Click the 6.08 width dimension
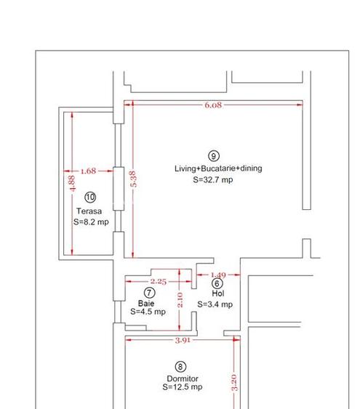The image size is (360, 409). pos(213,105)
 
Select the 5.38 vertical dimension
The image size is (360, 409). pos(132,181)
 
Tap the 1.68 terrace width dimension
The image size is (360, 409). pos(88,171)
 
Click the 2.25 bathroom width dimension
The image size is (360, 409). pos(158,281)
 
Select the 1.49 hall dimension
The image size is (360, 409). pos(218,275)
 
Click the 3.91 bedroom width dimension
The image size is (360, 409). pos(182,339)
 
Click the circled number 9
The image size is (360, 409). pos(214,155)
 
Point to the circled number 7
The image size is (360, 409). pos(151,292)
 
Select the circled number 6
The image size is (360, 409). pos(217,284)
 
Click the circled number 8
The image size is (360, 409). pos(181,367)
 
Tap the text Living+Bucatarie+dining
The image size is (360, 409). pos(217,169)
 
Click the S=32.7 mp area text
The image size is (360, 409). pos(213,179)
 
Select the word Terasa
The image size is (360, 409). pos(89,211)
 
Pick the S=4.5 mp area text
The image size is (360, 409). pos(148,312)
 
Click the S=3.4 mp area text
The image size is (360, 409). pos(215,304)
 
